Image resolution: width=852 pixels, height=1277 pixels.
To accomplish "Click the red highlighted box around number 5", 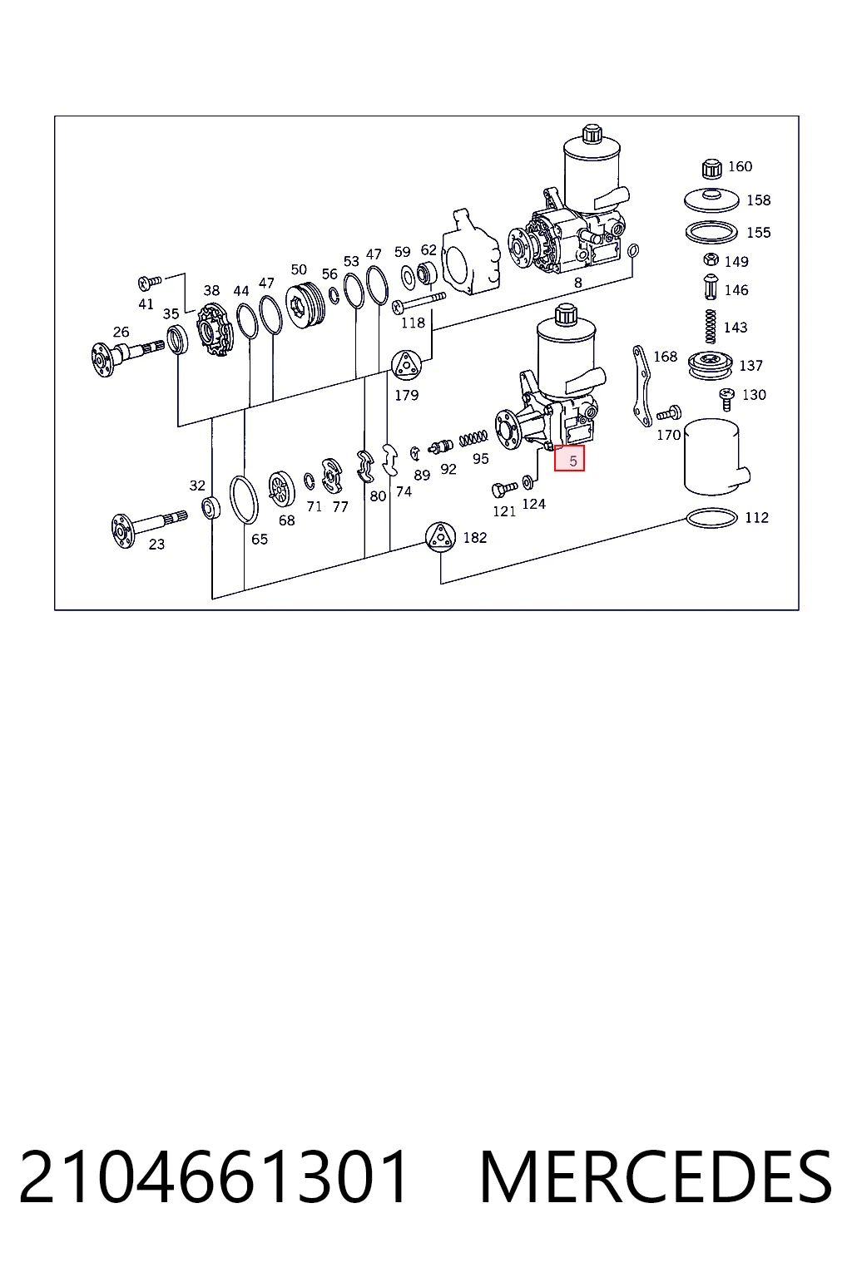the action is [x=569, y=458].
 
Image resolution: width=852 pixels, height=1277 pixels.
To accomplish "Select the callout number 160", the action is [x=741, y=166].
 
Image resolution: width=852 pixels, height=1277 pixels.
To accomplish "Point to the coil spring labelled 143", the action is [x=710, y=327].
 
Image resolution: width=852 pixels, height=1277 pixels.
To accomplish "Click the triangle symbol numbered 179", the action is [x=406, y=365].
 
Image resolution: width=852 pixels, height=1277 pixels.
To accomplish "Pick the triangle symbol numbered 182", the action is [x=440, y=537].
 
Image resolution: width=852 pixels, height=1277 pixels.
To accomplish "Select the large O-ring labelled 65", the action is [x=244, y=500].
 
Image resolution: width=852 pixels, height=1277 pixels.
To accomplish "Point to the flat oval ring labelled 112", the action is [x=711, y=519].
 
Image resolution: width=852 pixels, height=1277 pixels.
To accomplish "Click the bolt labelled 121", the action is [x=504, y=489].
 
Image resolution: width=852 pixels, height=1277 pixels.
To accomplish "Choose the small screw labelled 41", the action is [x=150, y=282].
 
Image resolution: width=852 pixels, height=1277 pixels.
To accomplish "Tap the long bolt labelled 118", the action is [x=419, y=302].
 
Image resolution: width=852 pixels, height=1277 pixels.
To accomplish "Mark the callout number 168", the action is [x=665, y=357].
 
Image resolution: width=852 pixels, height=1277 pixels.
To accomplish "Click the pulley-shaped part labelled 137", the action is [x=710, y=366].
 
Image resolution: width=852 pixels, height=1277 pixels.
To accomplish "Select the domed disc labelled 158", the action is [x=711, y=200].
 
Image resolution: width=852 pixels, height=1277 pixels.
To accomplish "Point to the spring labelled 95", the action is [x=473, y=438].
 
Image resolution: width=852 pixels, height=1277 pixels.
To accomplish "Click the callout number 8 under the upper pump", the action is [x=578, y=282].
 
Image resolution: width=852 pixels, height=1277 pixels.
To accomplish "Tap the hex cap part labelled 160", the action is [x=710, y=168].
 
